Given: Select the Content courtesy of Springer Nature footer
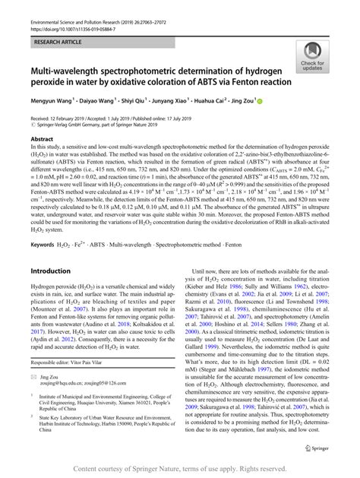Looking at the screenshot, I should [x=179, y=469].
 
